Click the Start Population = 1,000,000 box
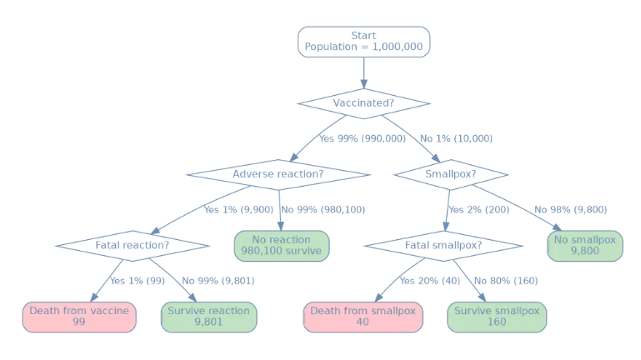click(363, 42)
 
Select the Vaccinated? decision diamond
click(363, 103)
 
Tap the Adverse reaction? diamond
click(278, 174)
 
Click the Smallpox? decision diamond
click(451, 174)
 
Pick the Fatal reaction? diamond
click(132, 246)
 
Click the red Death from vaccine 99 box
click(79, 317)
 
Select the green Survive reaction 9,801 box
click(208, 317)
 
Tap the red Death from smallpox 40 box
click(363, 317)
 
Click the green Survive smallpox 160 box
click(497, 317)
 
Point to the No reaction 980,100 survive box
click(282, 246)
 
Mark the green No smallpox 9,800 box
click(584, 246)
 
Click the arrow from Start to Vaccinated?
click(363, 73)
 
